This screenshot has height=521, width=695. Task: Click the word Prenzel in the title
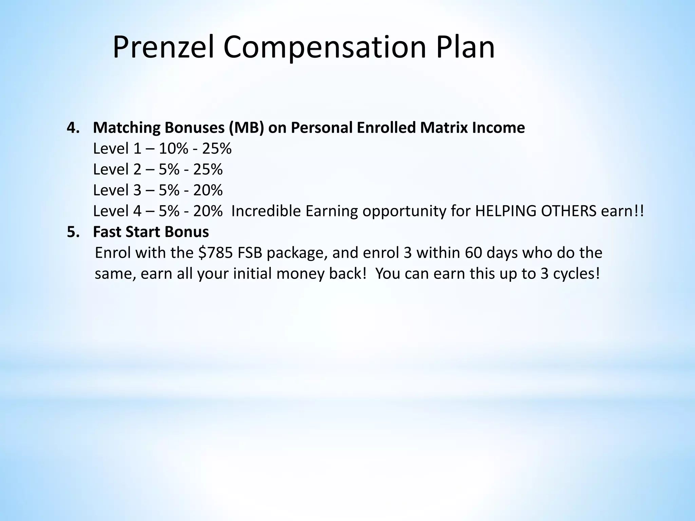coord(163,47)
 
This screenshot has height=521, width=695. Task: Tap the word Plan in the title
coord(465,47)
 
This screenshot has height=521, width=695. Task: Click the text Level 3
coord(117,190)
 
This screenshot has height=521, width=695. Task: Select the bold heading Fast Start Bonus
coord(151,232)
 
